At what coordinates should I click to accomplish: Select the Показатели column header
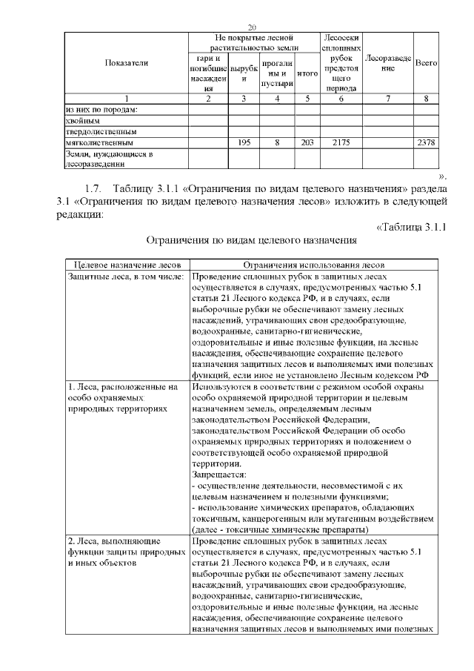(x=126, y=63)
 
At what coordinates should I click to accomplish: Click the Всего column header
(x=425, y=63)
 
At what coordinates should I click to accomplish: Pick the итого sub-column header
(x=307, y=74)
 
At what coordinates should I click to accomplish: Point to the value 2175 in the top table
(x=341, y=141)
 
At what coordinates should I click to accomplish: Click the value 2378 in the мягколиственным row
(x=425, y=141)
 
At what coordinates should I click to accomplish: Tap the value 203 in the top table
(x=307, y=141)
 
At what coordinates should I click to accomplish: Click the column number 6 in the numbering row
(x=341, y=98)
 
